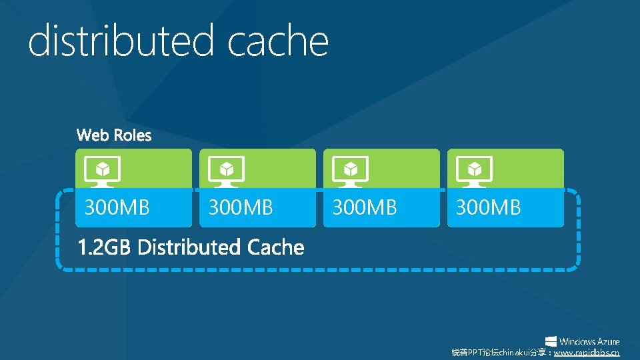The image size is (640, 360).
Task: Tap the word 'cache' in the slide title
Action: [278, 42]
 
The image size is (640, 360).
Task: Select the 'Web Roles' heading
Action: [114, 136]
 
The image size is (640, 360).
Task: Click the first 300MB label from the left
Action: [117, 208]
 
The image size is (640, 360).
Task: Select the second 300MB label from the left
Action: [241, 208]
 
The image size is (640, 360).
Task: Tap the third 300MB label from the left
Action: [365, 208]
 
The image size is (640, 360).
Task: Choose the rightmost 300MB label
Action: [489, 208]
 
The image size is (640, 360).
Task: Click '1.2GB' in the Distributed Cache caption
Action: [105, 248]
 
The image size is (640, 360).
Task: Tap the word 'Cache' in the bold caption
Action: [275, 248]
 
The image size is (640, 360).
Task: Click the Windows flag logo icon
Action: [551, 341]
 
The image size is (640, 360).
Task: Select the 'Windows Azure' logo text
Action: [589, 341]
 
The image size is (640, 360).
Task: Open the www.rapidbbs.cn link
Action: [587, 353]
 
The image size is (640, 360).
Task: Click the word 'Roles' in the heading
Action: [132, 136]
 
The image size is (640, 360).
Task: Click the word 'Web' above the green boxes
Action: [92, 136]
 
